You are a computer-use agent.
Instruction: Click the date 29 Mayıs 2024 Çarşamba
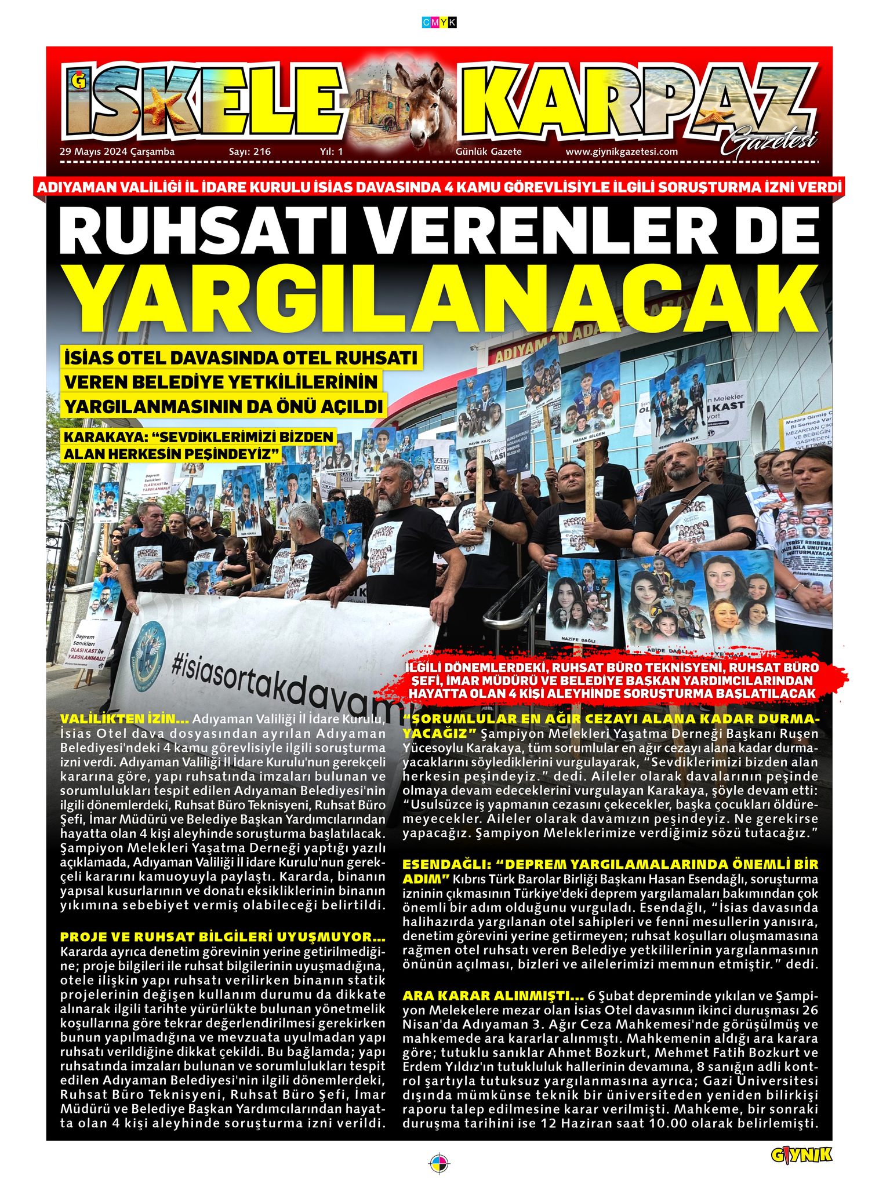click(117, 152)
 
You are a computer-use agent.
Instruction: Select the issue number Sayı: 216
click(250, 152)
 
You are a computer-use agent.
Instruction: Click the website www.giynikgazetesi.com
click(622, 152)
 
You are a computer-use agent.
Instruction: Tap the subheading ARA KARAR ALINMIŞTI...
click(493, 996)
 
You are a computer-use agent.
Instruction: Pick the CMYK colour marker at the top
click(439, 23)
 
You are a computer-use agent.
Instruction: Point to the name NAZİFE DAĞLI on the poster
click(579, 639)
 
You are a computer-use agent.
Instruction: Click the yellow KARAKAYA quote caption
click(199, 445)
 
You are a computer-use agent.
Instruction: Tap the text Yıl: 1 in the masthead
click(332, 152)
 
